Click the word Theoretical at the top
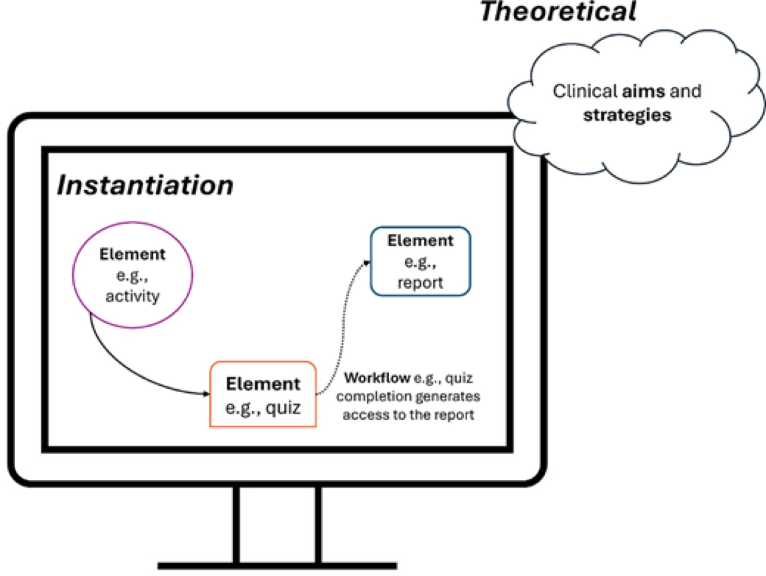click(x=558, y=11)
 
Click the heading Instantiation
click(x=145, y=185)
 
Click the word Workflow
click(x=377, y=377)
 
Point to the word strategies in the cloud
click(x=627, y=115)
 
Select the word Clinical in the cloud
click(x=585, y=91)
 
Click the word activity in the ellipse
click(x=133, y=296)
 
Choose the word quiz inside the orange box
click(x=283, y=407)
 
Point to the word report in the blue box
click(x=420, y=282)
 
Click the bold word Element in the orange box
click(x=263, y=384)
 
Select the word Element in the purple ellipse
click(x=133, y=254)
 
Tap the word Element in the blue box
click(x=420, y=241)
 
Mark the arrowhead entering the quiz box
click(x=206, y=394)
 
